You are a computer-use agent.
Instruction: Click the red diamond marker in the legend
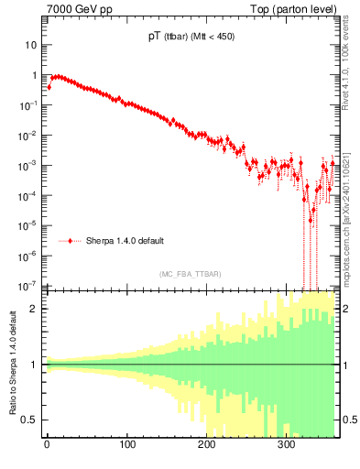[71, 241]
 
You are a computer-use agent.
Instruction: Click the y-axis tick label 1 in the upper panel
[35, 75]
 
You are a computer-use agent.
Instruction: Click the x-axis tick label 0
[47, 447]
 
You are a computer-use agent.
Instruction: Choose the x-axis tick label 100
[127, 447]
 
